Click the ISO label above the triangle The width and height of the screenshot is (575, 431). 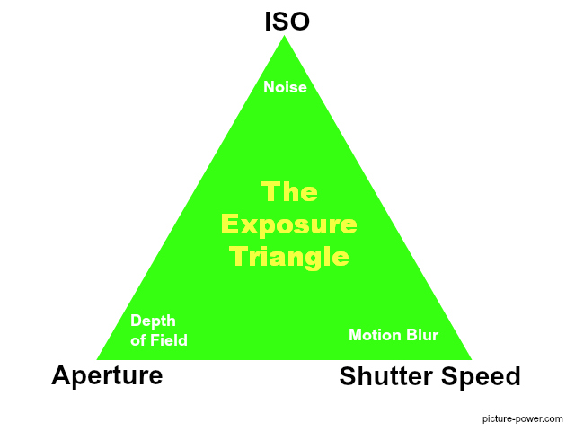[287, 21]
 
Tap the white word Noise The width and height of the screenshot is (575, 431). [285, 87]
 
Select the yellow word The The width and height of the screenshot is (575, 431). [289, 191]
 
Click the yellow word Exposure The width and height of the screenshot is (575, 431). [289, 224]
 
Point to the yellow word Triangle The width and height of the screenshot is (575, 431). [289, 257]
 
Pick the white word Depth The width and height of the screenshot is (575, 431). [153, 321]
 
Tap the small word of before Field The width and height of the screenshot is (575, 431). [137, 340]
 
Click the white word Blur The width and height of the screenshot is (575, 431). [421, 335]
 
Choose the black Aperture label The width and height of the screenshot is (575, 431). [107, 374]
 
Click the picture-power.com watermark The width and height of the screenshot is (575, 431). [523, 418]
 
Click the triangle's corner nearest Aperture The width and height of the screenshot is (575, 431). [99, 358]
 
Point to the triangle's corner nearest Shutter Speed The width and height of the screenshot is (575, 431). [470, 358]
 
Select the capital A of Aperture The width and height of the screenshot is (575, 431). [60, 374]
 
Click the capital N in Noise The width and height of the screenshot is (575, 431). [269, 87]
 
